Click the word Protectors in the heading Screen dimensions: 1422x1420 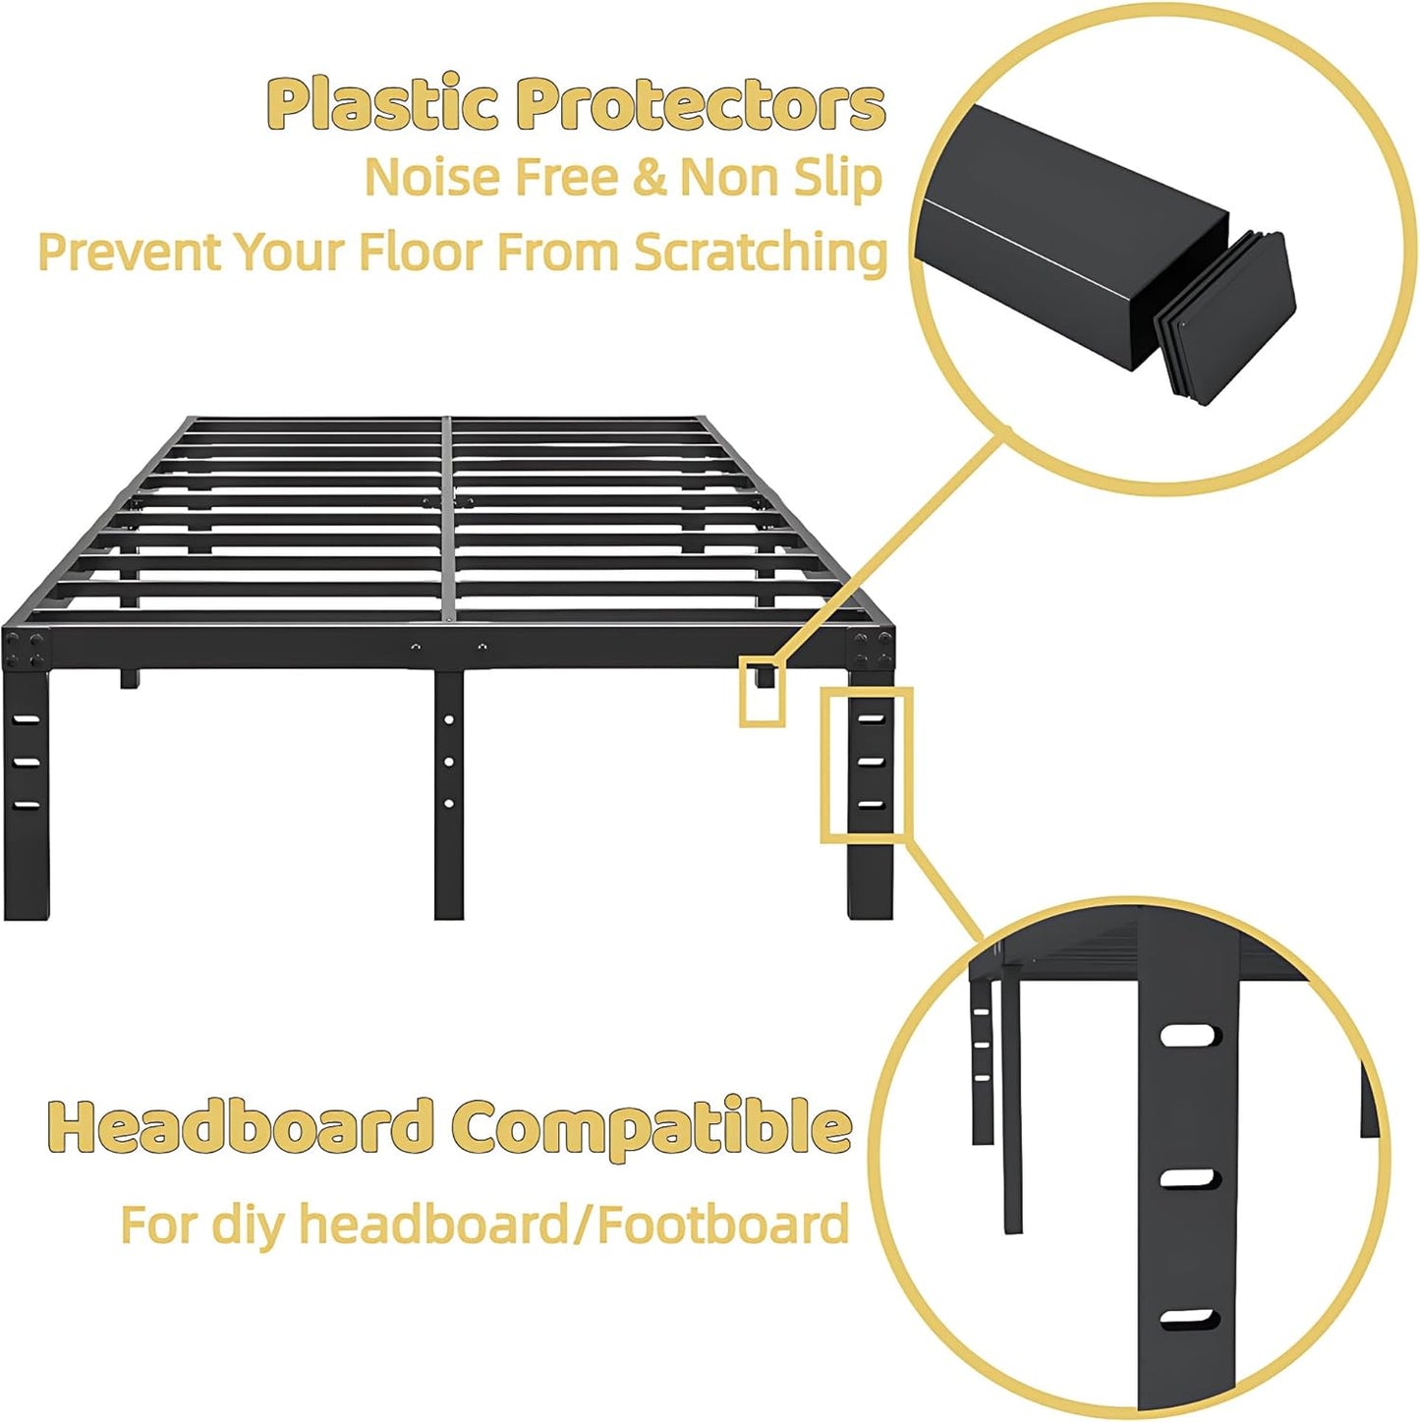[701, 105]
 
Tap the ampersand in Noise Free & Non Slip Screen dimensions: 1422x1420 [650, 178]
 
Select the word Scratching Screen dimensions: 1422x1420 [760, 254]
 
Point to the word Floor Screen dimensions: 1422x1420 [421, 252]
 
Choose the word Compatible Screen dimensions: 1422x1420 [652, 1128]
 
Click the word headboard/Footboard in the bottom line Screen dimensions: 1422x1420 [574, 1225]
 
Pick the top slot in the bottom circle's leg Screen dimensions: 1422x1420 [1190, 1036]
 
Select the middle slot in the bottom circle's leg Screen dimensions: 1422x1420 [1190, 1178]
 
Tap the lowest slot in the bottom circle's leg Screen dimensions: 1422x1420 [1190, 1319]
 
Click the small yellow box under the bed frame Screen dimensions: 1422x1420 [763, 694]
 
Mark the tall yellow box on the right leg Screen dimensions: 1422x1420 [867, 765]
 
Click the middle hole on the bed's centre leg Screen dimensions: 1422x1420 [449, 762]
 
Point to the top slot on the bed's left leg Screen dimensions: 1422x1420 [27, 720]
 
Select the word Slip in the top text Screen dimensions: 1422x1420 [838, 178]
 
